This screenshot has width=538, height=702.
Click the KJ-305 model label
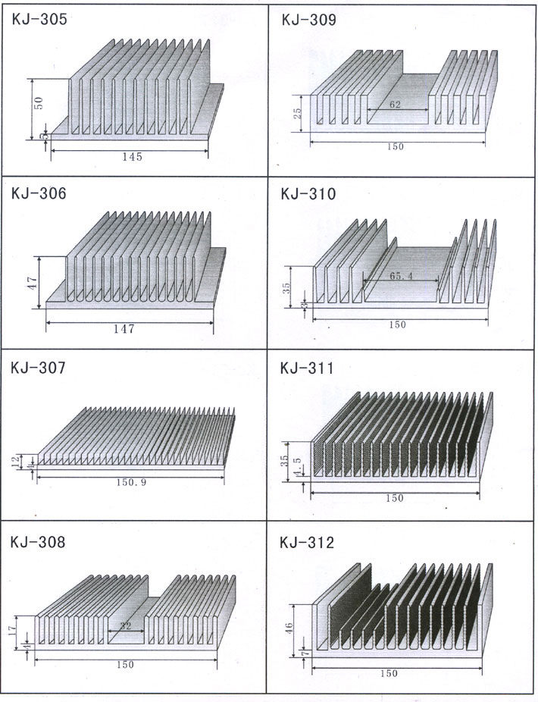pos(39,20)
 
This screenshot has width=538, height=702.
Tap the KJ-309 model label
pos(308,20)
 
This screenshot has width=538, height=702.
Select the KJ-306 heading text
pos(39,193)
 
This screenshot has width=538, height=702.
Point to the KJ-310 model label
pos(308,194)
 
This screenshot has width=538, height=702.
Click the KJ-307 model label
pos(38,368)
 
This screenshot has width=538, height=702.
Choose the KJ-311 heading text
pos(307,368)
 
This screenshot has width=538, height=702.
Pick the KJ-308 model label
pos(38,542)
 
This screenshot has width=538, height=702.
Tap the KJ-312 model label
pos(307,543)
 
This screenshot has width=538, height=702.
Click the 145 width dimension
pos(132,157)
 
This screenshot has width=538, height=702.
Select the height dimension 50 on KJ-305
pos(39,103)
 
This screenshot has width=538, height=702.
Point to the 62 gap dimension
pos(395,105)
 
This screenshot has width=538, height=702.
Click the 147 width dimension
pos(124,328)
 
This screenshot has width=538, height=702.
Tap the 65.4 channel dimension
pos(401,276)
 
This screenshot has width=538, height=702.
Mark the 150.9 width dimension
pos(131,482)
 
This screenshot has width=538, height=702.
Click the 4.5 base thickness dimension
pos(298,466)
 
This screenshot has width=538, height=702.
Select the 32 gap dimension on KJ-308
pos(126,626)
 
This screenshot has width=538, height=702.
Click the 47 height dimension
pos(33,283)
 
